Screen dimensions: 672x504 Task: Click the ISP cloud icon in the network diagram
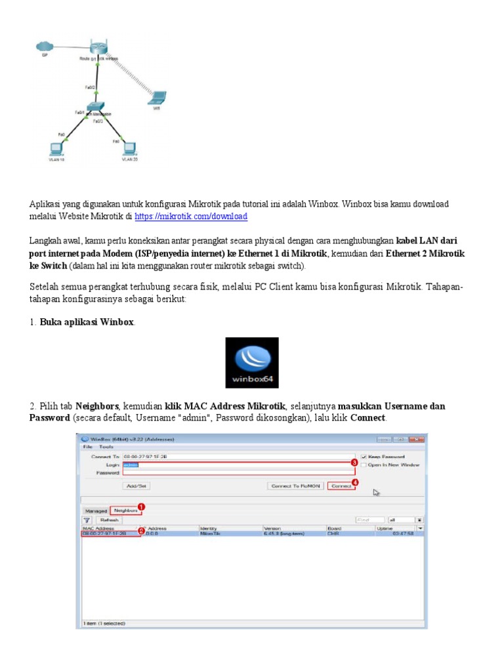tap(45, 47)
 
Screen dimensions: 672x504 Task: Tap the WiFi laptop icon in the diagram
tap(157, 98)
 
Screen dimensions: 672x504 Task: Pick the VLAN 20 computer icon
tap(128, 148)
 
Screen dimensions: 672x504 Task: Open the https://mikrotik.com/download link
tap(191, 216)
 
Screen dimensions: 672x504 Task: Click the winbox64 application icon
tap(252, 363)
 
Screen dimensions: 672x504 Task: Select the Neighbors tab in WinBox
tap(125, 510)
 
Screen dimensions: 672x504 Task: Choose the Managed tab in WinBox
tap(95, 511)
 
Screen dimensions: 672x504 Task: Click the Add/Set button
tap(136, 486)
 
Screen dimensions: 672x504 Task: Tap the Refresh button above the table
tap(109, 520)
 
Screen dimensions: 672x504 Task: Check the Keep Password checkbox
tap(364, 457)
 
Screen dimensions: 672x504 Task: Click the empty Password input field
tap(236, 472)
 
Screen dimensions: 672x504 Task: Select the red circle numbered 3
tap(354, 463)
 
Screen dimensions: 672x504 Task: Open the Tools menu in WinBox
tap(106, 446)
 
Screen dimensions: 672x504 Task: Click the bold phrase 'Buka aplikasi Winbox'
tap(87, 322)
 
